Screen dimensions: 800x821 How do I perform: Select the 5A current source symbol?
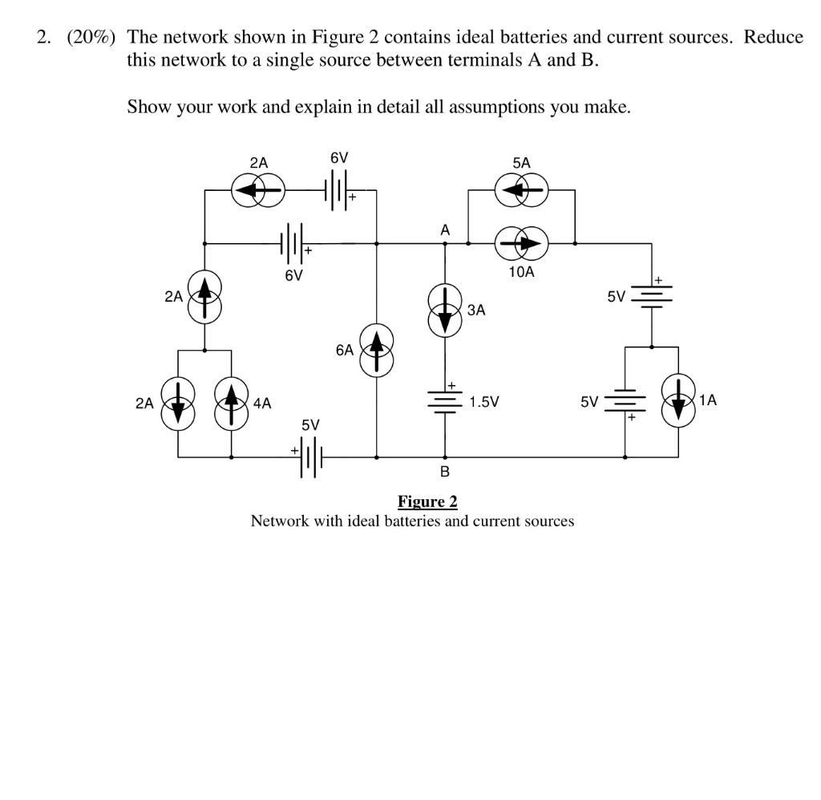(521, 190)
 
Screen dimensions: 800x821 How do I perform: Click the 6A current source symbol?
(377, 350)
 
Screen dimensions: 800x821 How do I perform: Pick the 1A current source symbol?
(678, 400)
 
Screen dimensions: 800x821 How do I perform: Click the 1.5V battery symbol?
(446, 401)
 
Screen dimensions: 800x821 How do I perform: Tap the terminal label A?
(445, 229)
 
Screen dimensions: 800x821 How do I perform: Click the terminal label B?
(445, 471)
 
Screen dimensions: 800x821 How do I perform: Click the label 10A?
(520, 272)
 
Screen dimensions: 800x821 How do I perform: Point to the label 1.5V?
(484, 401)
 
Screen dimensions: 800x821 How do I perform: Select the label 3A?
(476, 310)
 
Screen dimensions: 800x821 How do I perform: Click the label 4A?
(262, 404)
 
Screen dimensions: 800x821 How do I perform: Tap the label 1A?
(708, 399)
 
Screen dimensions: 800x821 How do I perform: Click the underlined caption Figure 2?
(427, 502)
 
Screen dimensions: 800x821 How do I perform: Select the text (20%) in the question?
(88, 37)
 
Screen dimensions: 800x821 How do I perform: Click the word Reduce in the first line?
(773, 37)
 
